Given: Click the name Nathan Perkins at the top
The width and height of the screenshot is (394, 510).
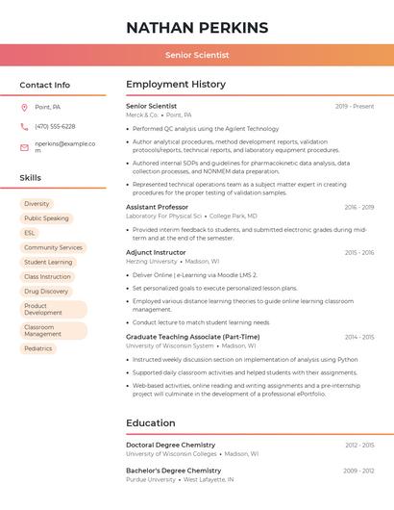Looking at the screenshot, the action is click(x=197, y=27).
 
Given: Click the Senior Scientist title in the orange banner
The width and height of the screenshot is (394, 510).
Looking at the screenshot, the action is click(x=197, y=56).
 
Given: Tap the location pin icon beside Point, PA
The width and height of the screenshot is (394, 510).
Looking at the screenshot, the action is click(x=24, y=108).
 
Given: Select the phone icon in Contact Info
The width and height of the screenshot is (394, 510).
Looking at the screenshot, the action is click(x=24, y=127).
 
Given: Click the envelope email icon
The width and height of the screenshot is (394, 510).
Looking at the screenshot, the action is click(x=24, y=147).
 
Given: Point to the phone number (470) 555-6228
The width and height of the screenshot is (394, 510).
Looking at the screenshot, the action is click(x=55, y=127).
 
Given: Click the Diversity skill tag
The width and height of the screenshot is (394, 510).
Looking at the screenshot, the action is click(x=37, y=204).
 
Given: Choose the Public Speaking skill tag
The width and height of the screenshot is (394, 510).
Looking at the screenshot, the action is click(x=46, y=218).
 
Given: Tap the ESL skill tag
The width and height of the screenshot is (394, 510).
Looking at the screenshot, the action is click(x=30, y=233).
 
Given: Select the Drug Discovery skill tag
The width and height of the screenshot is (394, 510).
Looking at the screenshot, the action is click(x=46, y=291).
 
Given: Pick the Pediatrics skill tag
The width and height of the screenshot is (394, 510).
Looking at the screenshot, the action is click(x=38, y=348).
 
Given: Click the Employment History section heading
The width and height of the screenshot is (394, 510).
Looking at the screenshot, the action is click(x=176, y=85).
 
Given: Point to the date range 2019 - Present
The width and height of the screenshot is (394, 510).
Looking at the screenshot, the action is click(x=355, y=106).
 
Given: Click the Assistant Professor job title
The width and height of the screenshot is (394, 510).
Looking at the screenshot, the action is click(x=157, y=207).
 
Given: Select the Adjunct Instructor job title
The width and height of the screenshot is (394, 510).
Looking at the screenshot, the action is click(x=156, y=252).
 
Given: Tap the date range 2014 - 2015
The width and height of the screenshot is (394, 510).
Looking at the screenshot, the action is click(x=358, y=337).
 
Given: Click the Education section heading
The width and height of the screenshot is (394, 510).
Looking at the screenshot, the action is click(x=151, y=423).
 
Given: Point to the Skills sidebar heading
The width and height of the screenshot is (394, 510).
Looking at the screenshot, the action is click(x=31, y=178).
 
